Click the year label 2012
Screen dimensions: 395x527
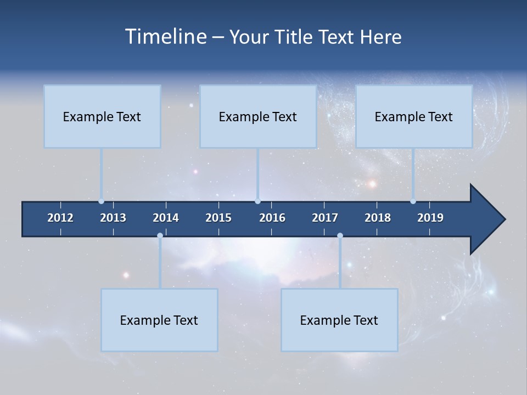point(60,218)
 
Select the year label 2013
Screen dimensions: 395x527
point(113,218)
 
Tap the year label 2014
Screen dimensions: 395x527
point(166,218)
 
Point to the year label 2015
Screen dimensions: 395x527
point(218,218)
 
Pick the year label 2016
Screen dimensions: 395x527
point(272,218)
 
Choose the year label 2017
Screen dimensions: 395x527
point(325,218)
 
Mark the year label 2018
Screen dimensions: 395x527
point(378,218)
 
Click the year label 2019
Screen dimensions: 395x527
point(430,218)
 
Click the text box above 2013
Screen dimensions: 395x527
point(102,116)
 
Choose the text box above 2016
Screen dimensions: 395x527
point(258,116)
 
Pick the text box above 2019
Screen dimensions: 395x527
point(414,116)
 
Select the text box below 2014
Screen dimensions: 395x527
point(159,320)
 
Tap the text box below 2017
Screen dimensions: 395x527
point(339,320)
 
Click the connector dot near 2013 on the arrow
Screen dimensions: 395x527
point(102,201)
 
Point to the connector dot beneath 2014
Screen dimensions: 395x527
point(160,236)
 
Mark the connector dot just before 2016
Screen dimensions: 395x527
point(257,201)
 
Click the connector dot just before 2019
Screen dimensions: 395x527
point(413,201)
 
